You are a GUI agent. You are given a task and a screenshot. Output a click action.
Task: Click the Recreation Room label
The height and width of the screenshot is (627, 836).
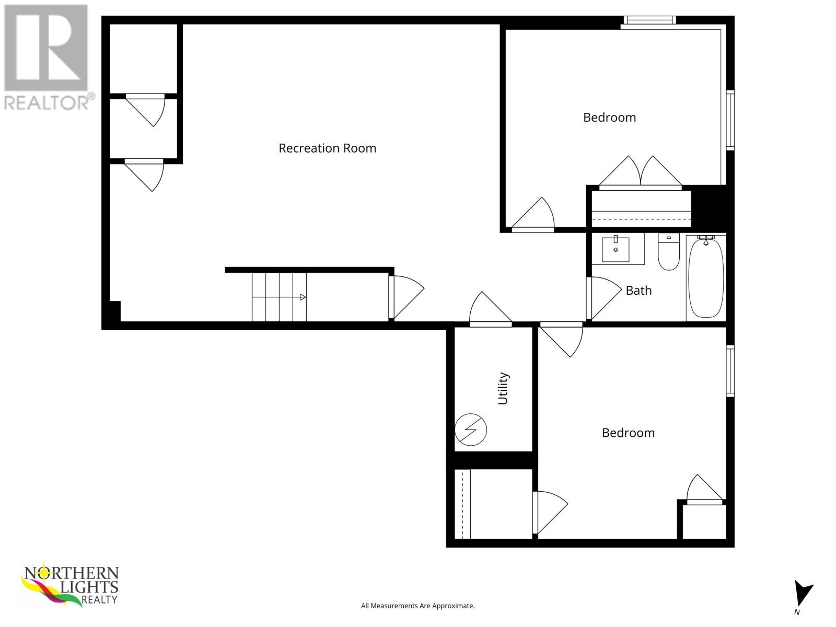point(327,148)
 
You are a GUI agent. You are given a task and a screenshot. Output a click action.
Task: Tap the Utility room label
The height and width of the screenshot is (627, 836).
point(503,388)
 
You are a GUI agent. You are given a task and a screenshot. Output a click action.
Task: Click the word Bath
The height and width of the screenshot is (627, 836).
point(638,291)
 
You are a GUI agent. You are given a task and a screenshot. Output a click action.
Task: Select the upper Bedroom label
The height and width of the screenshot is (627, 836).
point(609,118)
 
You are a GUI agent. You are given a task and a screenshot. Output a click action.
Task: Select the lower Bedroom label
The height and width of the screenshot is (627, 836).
point(628,433)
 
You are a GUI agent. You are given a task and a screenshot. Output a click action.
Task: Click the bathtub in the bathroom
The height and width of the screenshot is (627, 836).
point(706,277)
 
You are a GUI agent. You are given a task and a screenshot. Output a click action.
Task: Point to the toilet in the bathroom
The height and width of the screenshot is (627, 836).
point(668,253)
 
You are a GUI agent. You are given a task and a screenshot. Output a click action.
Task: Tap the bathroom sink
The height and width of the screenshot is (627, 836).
point(616,249)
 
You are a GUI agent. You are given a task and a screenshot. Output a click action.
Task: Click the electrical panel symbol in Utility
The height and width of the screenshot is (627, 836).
point(471,429)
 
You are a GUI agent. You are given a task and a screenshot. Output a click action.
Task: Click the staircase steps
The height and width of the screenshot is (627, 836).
point(279,297)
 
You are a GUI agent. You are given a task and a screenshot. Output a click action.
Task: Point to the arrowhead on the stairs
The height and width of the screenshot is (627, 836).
point(303,297)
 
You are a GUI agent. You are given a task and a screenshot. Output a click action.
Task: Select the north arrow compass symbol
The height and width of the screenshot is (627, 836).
point(802,595)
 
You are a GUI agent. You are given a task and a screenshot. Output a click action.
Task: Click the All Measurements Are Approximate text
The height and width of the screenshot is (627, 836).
point(417,606)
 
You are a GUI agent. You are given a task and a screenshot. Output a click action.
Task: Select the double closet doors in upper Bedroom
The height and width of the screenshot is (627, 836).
point(641,172)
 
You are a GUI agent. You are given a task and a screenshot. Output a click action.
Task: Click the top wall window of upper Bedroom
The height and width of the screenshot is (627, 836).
point(649,20)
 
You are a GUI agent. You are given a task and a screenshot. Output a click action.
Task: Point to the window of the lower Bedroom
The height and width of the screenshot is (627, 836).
point(730,370)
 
